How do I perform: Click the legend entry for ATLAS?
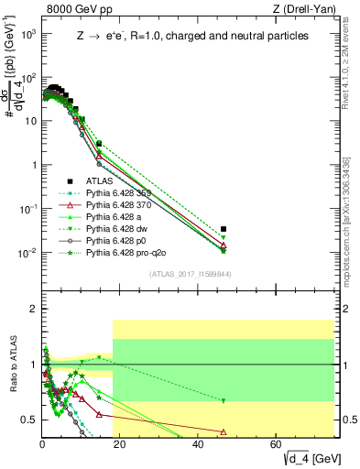click(96, 181)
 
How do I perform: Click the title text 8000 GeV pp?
click(78, 10)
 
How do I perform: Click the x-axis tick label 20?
click(120, 445)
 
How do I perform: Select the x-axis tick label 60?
click(277, 445)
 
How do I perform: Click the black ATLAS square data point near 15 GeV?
click(99, 144)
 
